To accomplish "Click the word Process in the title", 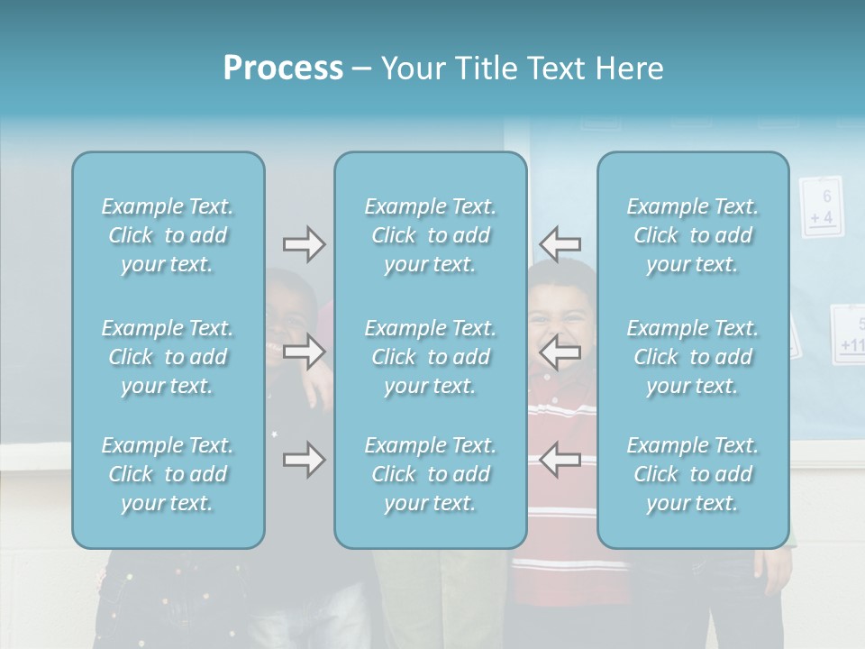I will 283,69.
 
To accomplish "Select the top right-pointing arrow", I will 304,243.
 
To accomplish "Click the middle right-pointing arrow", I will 304,352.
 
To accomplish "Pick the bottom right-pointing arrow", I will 304,460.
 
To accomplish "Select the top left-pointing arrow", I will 560,243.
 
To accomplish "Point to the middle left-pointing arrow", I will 560,352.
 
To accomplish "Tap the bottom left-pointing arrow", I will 560,460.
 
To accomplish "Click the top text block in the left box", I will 168,235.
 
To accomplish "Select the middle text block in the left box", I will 168,357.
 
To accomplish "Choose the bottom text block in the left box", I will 168,474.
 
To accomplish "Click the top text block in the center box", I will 431,235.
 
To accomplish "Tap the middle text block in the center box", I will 431,357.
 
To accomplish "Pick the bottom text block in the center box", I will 431,474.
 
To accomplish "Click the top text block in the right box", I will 693,235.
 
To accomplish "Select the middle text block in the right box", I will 693,357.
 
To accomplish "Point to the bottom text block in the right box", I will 693,474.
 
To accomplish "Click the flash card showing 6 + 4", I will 821,206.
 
